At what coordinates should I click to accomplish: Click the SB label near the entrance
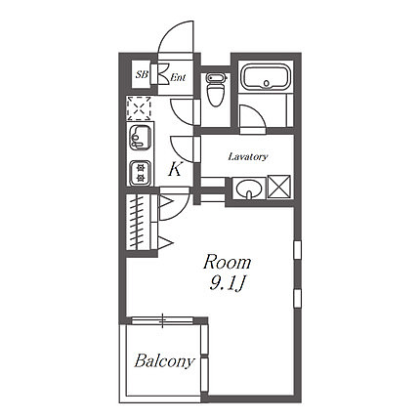click(x=142, y=74)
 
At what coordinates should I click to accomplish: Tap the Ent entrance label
click(x=178, y=78)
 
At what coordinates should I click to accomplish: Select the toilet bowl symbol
click(x=216, y=90)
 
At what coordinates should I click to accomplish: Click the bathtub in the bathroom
click(x=266, y=78)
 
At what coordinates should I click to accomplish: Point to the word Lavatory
click(x=248, y=156)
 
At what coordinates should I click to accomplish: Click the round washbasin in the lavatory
click(x=249, y=189)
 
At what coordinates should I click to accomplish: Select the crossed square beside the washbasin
click(x=278, y=187)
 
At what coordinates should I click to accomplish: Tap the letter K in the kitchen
click(x=175, y=169)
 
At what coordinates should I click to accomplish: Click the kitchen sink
click(x=141, y=138)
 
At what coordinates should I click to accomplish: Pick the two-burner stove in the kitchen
click(x=141, y=173)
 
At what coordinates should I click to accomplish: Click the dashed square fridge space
click(x=139, y=108)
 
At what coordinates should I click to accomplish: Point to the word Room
click(x=227, y=262)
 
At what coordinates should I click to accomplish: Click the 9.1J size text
click(x=227, y=284)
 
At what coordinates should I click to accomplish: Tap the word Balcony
click(x=164, y=361)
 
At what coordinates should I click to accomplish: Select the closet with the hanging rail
click(x=139, y=222)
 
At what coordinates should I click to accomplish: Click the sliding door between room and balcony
click(x=163, y=320)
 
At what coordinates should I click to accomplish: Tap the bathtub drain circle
click(x=267, y=83)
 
